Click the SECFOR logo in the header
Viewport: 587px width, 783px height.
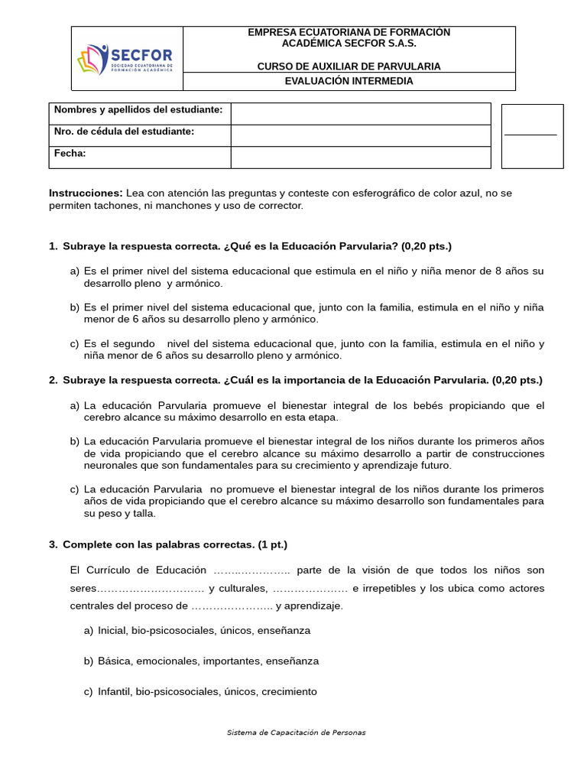coord(126,59)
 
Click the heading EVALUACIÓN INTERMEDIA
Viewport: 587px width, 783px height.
coord(349,81)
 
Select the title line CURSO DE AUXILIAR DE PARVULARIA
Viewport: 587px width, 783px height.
coord(349,67)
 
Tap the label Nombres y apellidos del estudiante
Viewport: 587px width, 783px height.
coord(138,110)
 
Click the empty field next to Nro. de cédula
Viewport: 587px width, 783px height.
coord(360,135)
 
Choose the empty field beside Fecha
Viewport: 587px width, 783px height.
coord(360,157)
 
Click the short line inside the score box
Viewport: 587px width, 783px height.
coord(530,135)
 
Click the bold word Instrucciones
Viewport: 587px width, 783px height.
coord(86,193)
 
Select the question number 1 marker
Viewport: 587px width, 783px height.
coord(53,246)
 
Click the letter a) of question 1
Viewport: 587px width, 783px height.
coord(74,271)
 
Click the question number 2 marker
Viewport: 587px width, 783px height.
coord(53,380)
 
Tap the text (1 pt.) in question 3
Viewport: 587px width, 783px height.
coord(272,544)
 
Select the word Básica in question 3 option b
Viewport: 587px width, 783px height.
coord(114,661)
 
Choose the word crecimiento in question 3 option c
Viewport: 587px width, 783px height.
coord(288,691)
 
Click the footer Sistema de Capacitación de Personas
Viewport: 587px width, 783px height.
coord(296,733)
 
